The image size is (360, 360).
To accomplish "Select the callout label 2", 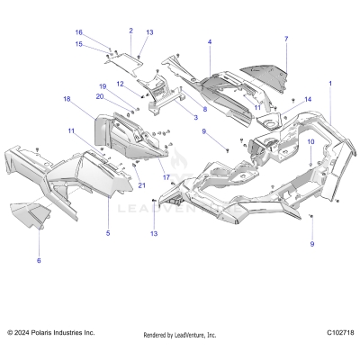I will click(130, 30).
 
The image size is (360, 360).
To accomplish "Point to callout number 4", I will click(210, 42).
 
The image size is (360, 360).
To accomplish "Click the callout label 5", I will click(108, 233).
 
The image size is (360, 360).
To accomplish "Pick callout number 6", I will click(39, 260).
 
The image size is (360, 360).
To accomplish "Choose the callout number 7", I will click(286, 39).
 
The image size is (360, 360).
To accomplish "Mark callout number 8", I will click(204, 109).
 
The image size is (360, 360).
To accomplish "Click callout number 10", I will click(311, 141).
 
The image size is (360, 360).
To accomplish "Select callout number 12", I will click(119, 84).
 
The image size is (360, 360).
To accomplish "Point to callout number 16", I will click(103, 31).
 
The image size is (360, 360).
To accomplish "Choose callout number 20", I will click(101, 95).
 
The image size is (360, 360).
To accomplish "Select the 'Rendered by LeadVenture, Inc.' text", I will click(180, 335).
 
